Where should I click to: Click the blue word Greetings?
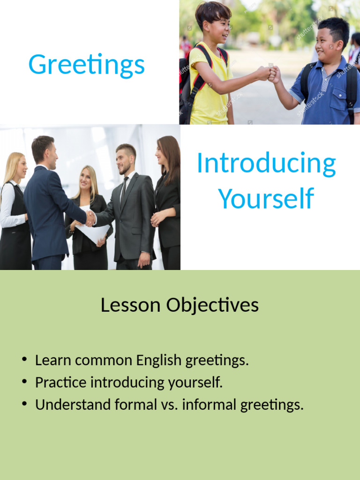tap(86, 65)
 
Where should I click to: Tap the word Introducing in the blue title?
tap(266, 164)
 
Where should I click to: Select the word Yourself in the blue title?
tap(265, 198)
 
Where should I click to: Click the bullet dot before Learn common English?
tap(24, 360)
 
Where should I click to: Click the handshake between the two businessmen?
tap(90, 217)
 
